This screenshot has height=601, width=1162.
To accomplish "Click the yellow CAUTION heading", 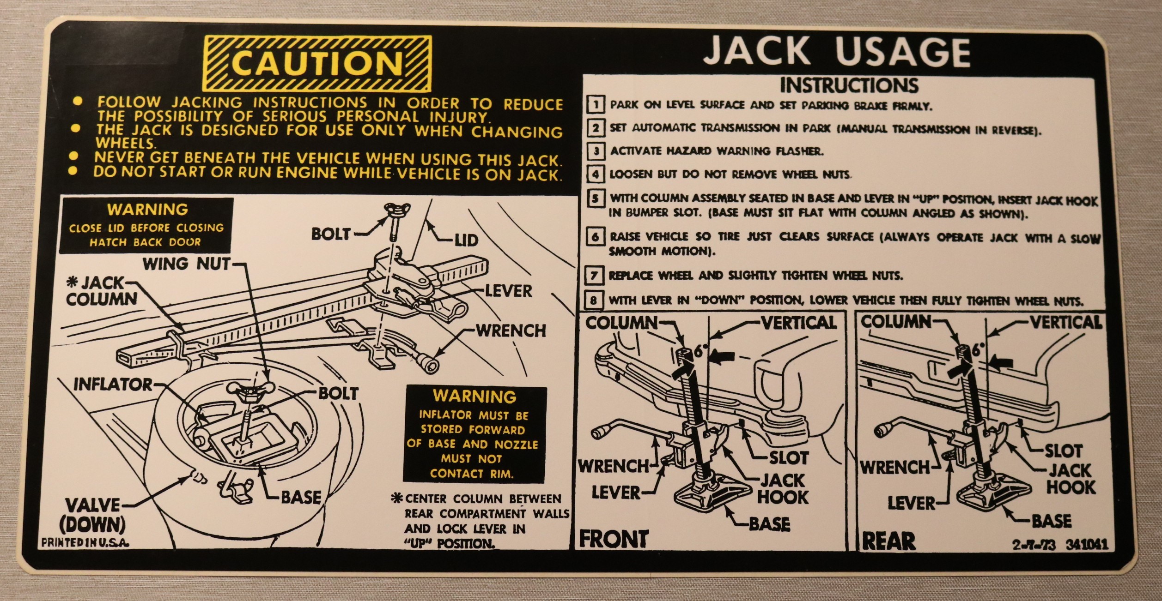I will coord(318,64).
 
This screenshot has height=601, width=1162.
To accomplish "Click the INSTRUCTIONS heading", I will coord(849,85).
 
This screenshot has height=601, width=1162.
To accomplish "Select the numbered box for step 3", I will coord(596,151).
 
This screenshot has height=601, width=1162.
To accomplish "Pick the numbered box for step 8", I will coord(593,300).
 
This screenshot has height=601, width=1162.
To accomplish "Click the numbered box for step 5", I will coord(595,198).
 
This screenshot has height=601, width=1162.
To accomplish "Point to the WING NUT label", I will coord(186,264).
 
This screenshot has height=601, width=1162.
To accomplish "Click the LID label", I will coord(466,240).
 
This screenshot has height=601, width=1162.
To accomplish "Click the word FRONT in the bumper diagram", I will coord(614,539).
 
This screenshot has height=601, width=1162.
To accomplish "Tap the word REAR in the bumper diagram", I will coord(888,541).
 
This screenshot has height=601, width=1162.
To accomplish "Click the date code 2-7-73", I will coord(1034,545).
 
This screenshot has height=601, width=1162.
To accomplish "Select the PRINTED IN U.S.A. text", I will coord(85,543).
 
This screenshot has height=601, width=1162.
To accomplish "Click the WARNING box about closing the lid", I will coord(147,225).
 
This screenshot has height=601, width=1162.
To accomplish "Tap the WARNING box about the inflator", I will coord(475,434).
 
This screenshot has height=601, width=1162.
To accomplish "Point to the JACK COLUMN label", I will coord(101,291).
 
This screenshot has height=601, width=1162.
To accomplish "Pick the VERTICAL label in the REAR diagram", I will coord(1065,322).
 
